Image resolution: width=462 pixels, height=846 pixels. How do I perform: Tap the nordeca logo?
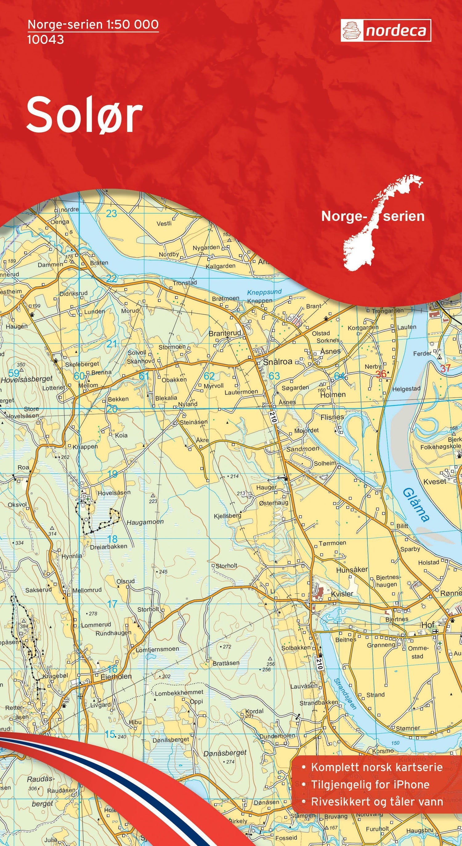[x=386, y=31]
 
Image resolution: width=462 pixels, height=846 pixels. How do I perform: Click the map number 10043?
[x=46, y=39]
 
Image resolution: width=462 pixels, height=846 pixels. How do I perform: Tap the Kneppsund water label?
[x=264, y=292]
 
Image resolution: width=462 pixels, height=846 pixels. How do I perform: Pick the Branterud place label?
[x=225, y=333]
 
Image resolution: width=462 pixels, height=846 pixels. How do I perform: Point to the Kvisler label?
[x=342, y=594]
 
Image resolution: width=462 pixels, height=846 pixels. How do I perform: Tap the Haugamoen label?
[x=145, y=522]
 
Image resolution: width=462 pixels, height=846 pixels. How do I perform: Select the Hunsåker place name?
[x=352, y=570]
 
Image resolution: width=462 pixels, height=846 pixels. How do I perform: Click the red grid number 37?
[x=445, y=368]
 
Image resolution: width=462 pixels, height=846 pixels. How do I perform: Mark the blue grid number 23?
[x=111, y=214]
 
